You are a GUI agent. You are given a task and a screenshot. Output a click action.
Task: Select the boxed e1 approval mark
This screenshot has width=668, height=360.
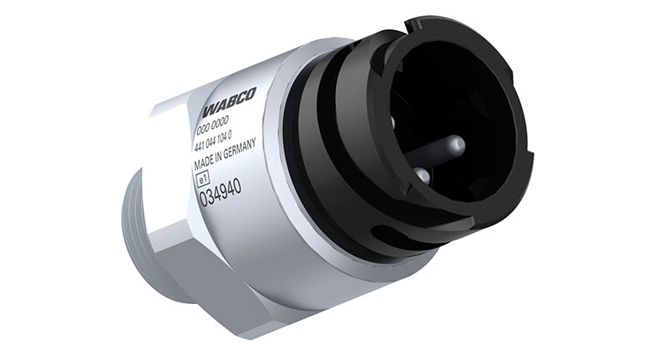coord(202,177)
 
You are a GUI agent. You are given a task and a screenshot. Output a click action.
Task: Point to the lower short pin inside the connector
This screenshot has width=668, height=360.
coord(423,176)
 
